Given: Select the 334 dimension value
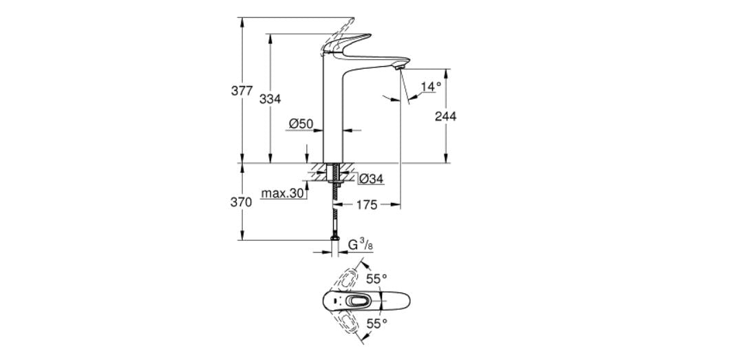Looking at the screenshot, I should click(x=270, y=99).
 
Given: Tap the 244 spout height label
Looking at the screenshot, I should click(x=445, y=116).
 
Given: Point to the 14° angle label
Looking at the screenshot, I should click(x=431, y=87).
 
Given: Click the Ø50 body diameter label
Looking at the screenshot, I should click(x=301, y=124).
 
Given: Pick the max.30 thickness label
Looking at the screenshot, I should click(x=283, y=193).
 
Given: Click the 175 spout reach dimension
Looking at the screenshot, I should click(x=367, y=205).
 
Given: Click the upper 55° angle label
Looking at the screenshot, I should click(x=376, y=279).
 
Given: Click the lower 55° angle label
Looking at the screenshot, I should click(x=376, y=322).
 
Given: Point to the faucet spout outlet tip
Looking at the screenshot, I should click(x=397, y=67).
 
